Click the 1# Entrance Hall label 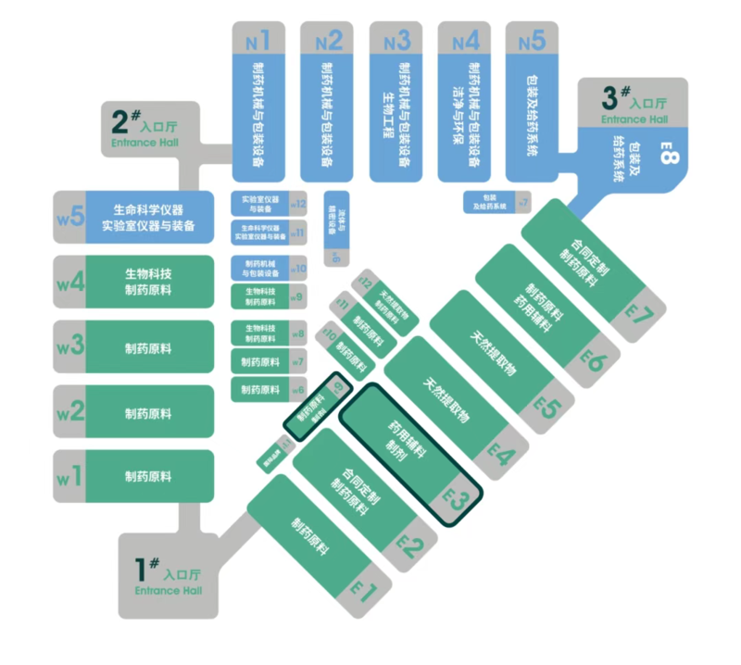pyautogui.click(x=168, y=576)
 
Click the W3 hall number pyautogui.click(x=70, y=346)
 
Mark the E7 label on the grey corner pyautogui.click(x=639, y=312)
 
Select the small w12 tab pyautogui.click(x=298, y=204)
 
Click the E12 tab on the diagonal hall pyautogui.click(x=366, y=283)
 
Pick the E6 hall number pyautogui.click(x=594, y=358)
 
